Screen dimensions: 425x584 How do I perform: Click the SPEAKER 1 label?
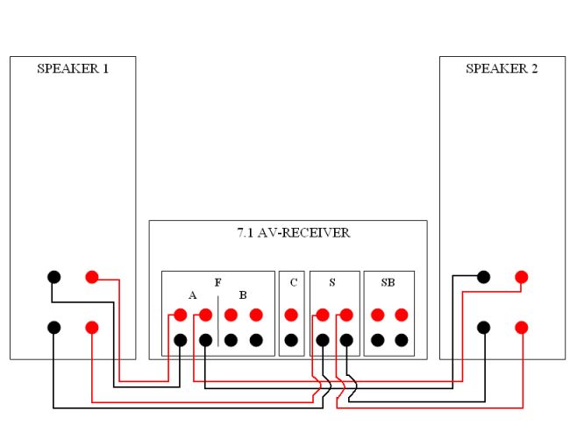tap(73, 68)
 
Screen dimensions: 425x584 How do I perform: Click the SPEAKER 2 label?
tap(502, 68)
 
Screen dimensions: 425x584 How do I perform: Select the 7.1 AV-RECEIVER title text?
tap(288, 233)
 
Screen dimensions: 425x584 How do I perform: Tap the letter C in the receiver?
tap(292, 283)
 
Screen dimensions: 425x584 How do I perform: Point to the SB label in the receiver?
tap(388, 283)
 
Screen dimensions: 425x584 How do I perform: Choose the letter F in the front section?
tap(217, 283)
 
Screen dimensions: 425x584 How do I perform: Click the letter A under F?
tap(192, 295)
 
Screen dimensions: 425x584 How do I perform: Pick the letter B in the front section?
tap(243, 295)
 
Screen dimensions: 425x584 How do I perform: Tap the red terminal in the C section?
tap(291, 315)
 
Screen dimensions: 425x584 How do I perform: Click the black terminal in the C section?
tap(291, 339)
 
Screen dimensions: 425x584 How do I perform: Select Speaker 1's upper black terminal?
tap(53, 277)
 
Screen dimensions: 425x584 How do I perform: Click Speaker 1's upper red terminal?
tap(92, 277)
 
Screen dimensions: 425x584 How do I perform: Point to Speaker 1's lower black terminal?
tap(53, 327)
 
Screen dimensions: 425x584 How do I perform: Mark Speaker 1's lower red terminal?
tap(92, 327)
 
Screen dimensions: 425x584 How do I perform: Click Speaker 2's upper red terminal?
tap(522, 277)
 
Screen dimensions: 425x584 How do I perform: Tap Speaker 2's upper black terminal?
tap(483, 277)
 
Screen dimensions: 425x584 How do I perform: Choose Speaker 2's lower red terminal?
tap(522, 327)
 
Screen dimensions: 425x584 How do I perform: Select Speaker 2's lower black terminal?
tap(483, 327)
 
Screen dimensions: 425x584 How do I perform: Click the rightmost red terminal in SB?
tap(402, 315)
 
